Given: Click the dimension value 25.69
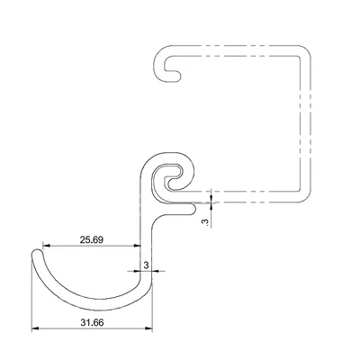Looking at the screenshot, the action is [92, 239].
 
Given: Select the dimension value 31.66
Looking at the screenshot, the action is [92, 323].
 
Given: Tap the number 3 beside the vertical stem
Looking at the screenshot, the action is [147, 265].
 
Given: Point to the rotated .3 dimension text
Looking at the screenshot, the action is [205, 221].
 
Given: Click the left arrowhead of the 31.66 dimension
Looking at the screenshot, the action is [35, 328].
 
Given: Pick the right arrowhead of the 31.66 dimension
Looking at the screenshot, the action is [148, 328].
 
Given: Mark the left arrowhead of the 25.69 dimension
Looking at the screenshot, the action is [47, 246].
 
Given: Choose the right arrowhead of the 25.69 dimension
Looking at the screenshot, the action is [137, 246].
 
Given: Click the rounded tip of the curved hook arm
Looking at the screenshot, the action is [37, 251].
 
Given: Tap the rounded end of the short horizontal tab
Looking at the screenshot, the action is [194, 209].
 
